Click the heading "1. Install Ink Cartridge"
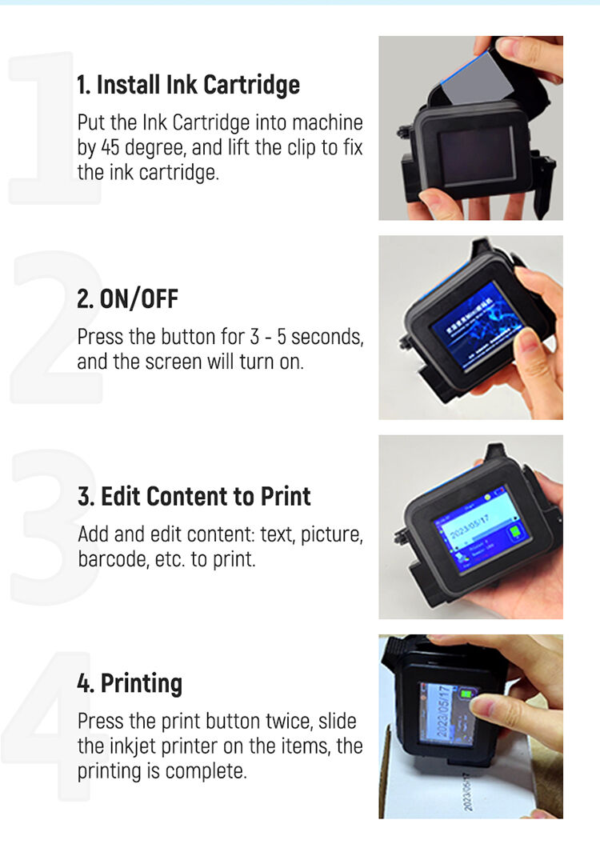tap(188, 85)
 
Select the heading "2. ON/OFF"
tap(127, 299)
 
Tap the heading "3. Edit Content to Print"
tap(194, 497)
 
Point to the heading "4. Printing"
tap(130, 683)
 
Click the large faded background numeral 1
tap(48, 128)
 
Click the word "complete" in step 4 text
tap(214, 771)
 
